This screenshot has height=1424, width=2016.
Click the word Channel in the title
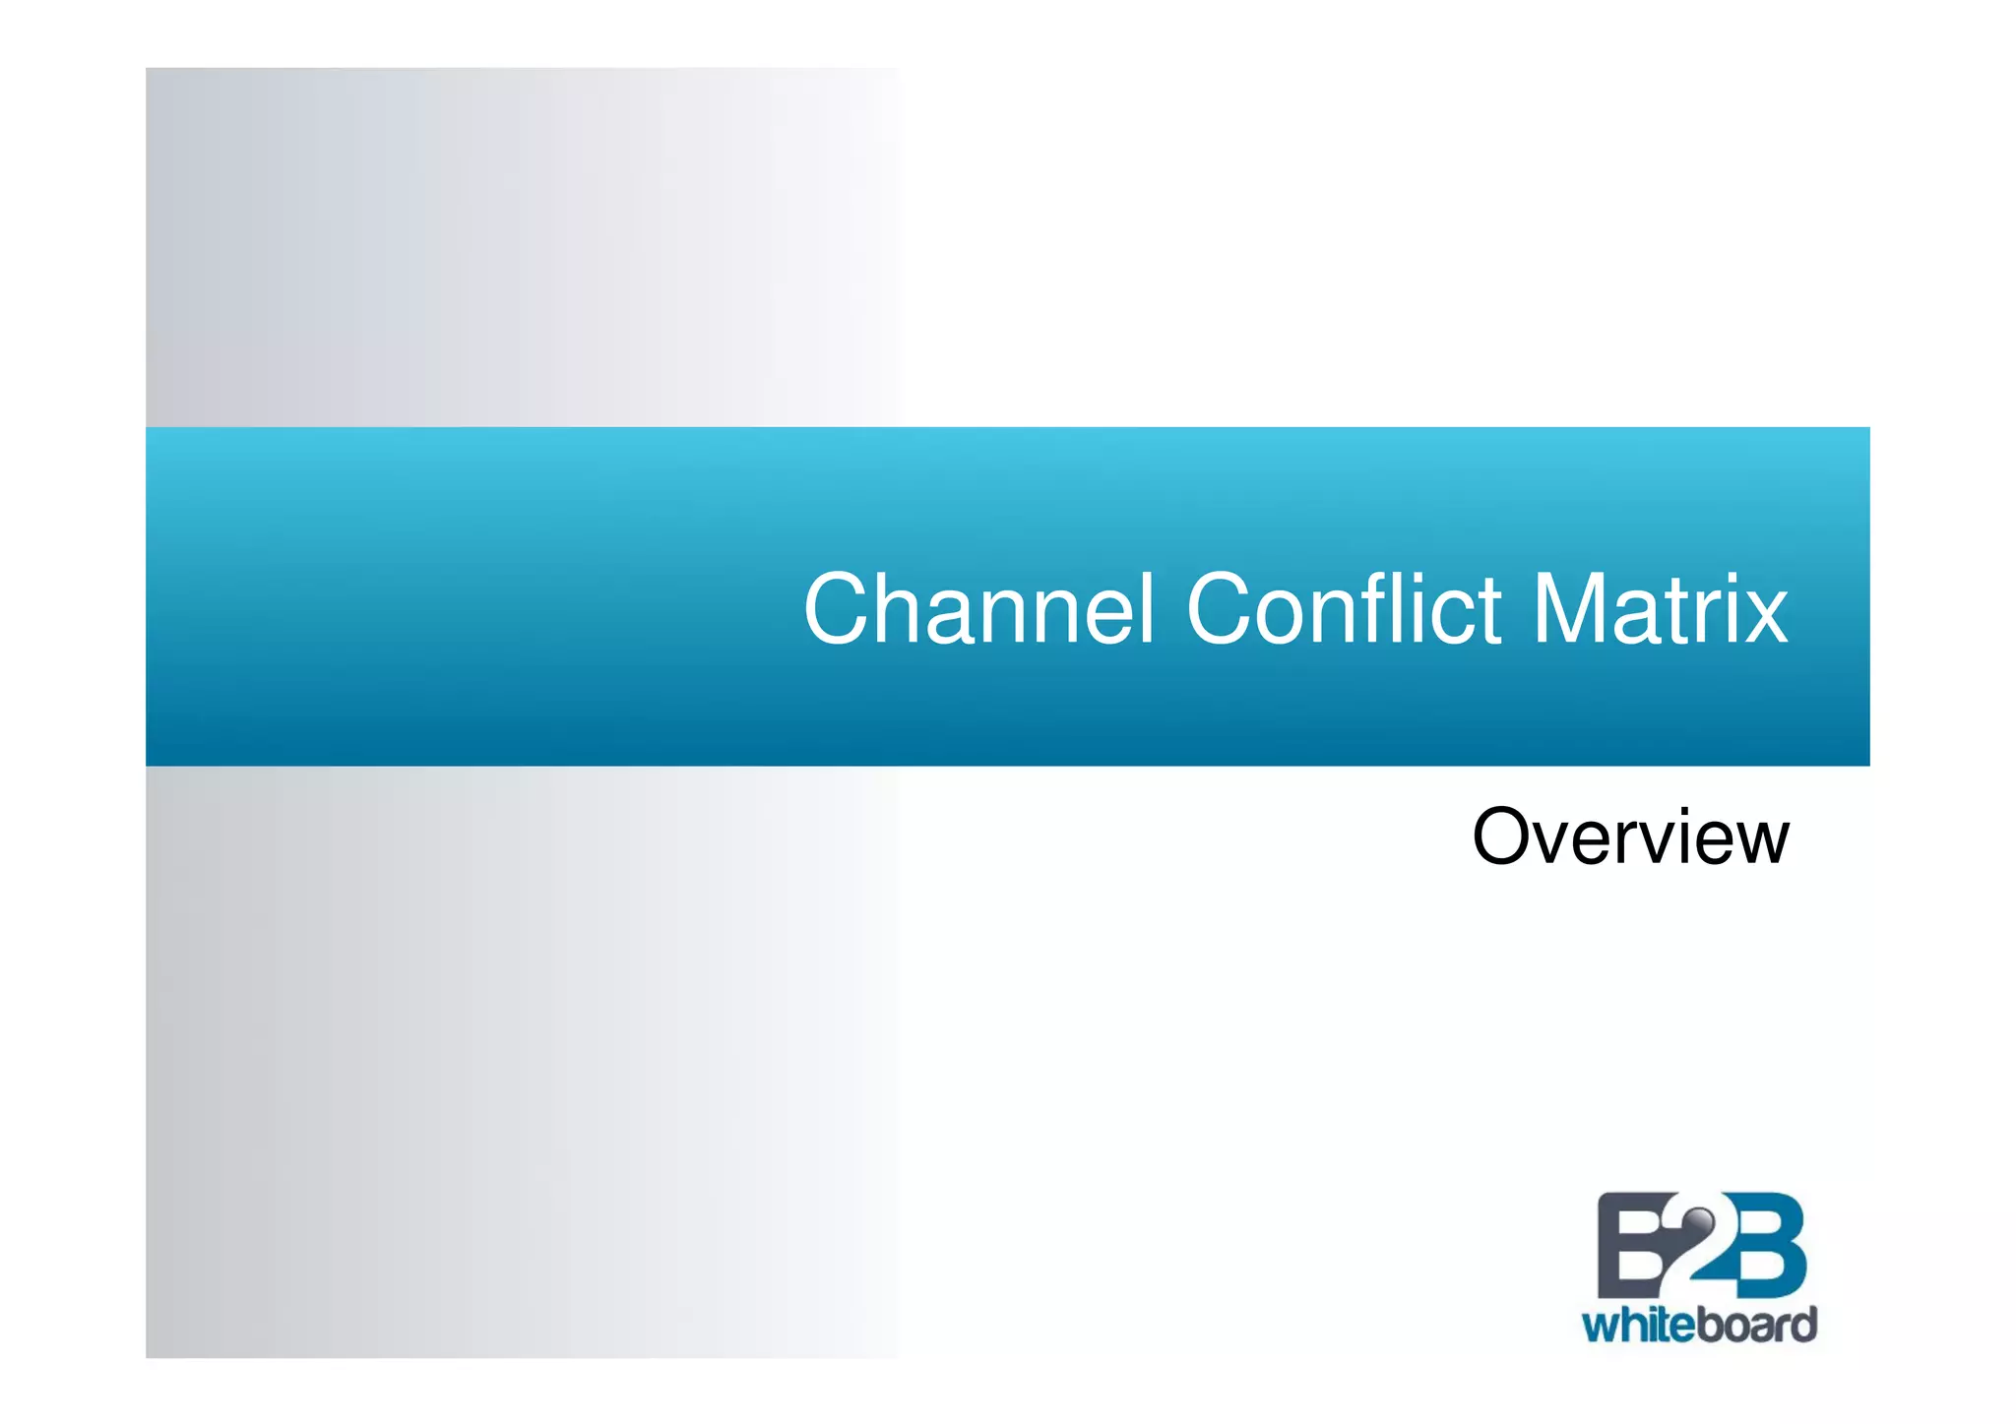pyautogui.click(x=978, y=610)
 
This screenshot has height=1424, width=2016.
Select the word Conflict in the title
pyautogui.click(x=1343, y=610)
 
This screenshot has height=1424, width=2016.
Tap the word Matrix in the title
pyautogui.click(x=1660, y=610)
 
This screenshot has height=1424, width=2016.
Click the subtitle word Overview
pyautogui.click(x=1630, y=837)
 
